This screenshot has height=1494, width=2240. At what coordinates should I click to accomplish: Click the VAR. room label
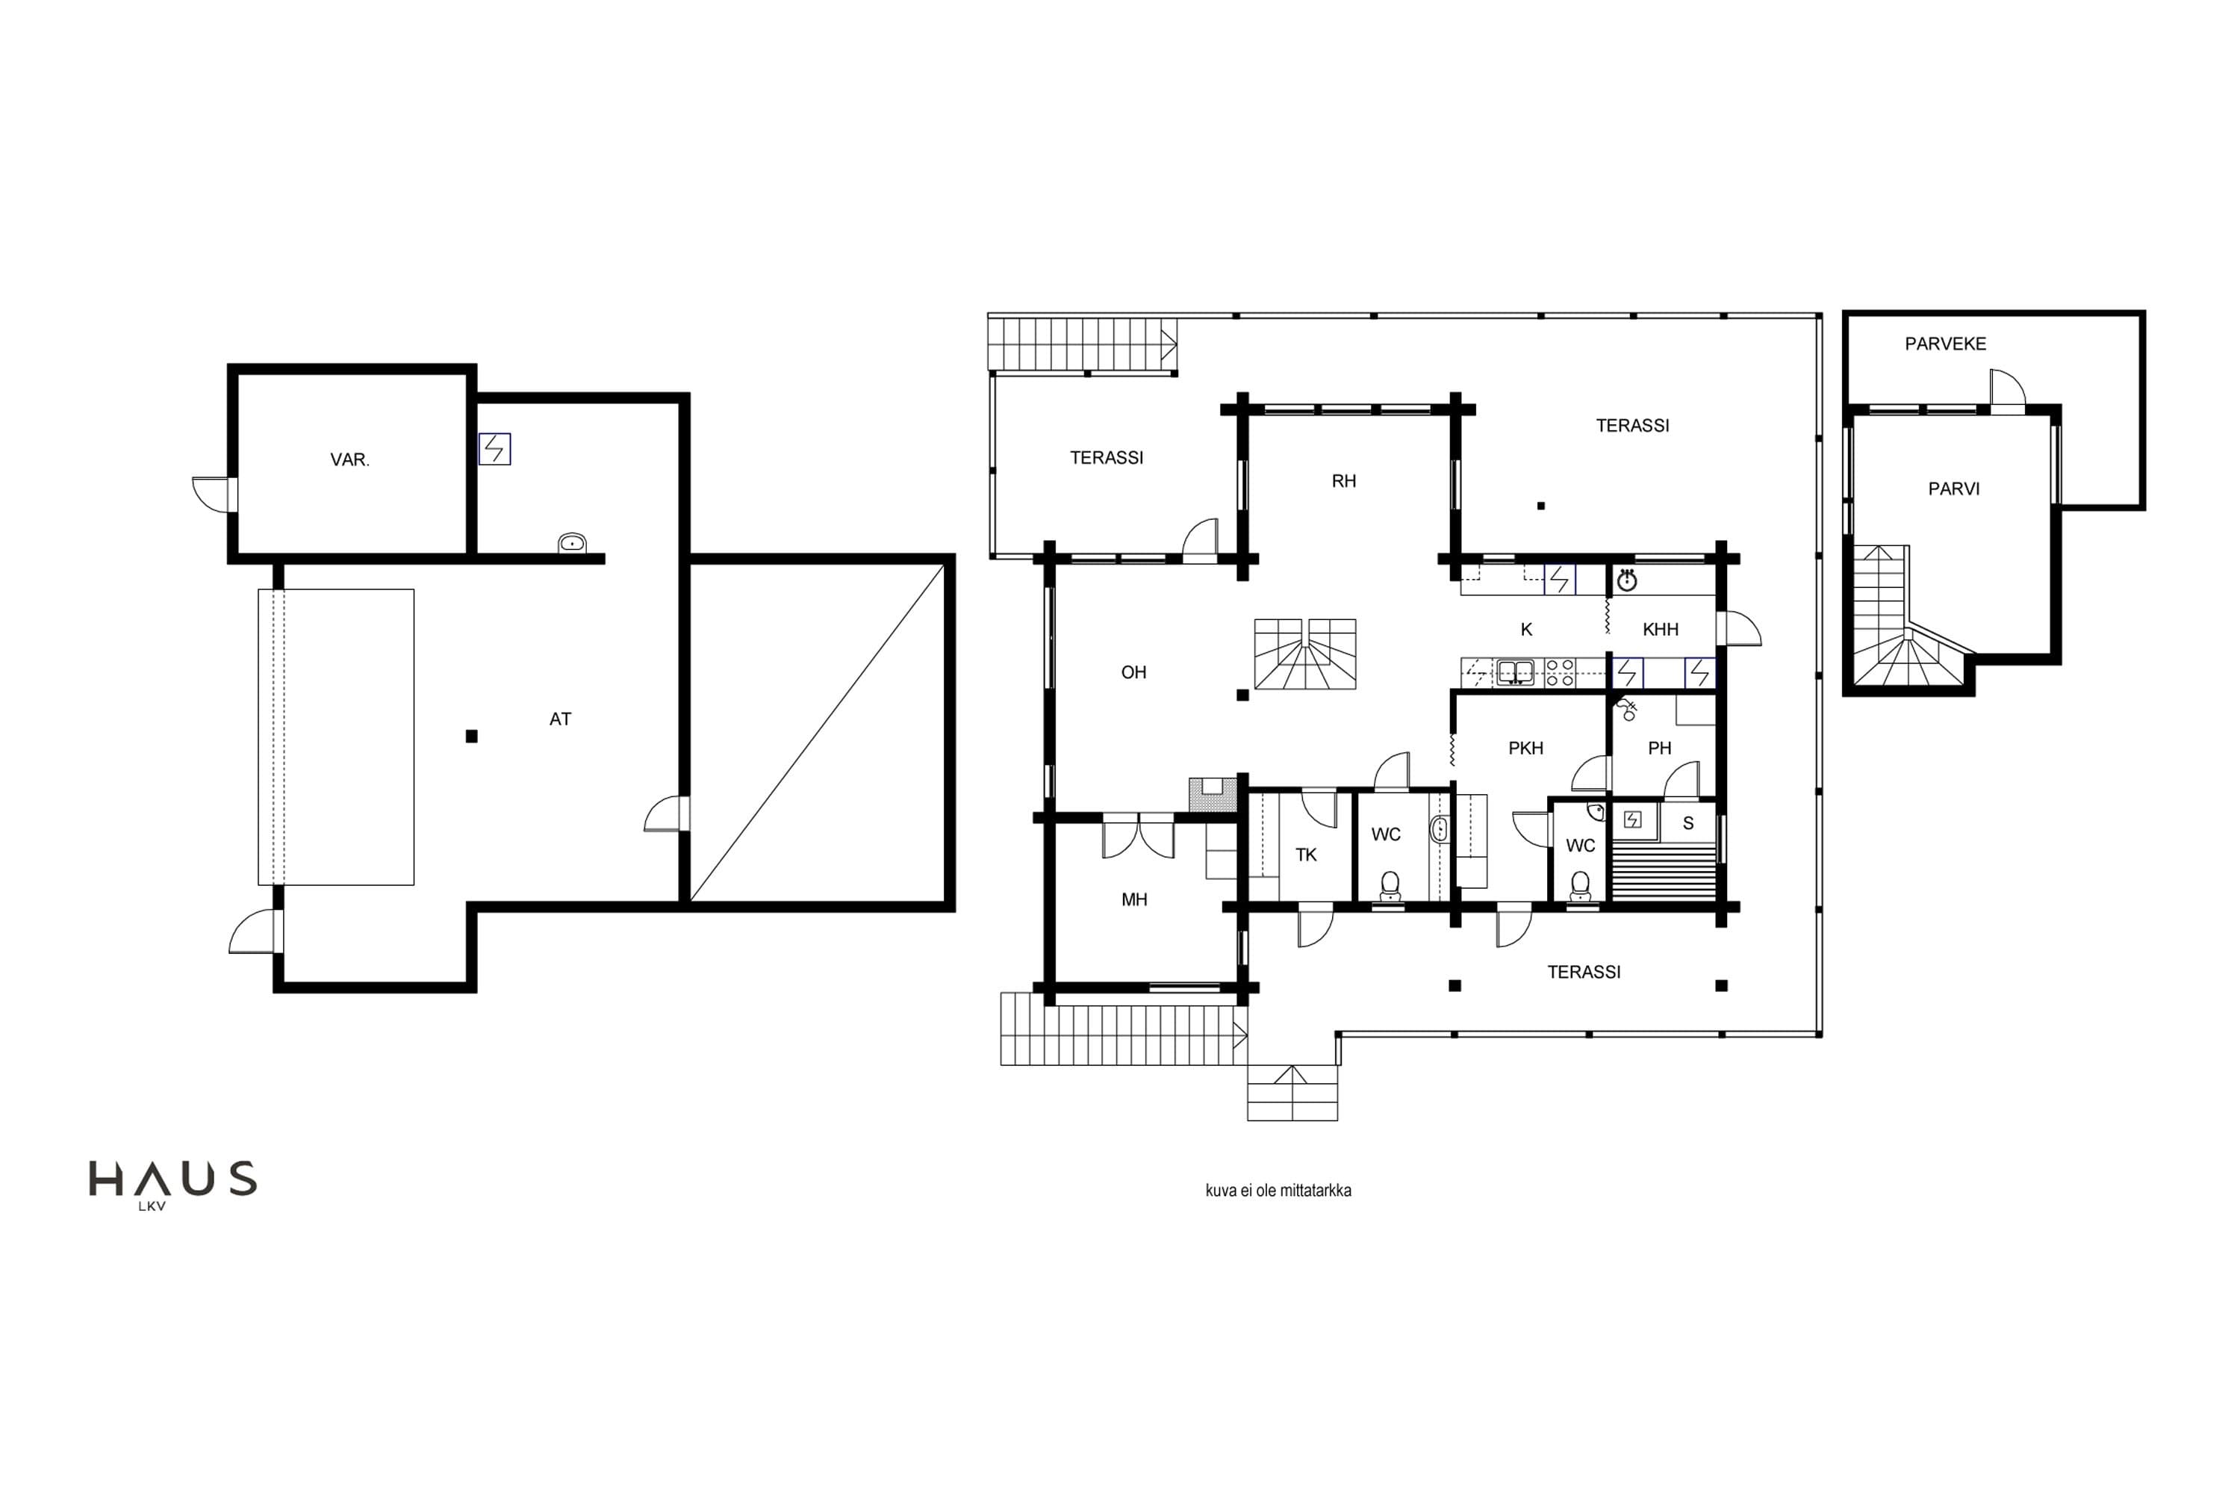coord(349,459)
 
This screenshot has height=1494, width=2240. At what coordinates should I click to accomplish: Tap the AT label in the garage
coord(560,719)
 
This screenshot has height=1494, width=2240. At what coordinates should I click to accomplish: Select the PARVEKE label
coord(1945,344)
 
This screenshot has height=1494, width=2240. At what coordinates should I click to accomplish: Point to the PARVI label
coord(1953,489)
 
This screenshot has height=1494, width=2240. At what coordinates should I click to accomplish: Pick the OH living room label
coord(1133,673)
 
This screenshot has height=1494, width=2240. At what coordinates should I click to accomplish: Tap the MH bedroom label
coord(1133,899)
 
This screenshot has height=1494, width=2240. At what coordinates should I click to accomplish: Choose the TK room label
coord(1306,855)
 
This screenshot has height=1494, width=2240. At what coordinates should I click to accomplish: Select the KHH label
coord(1660,630)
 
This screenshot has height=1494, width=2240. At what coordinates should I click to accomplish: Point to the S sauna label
coord(1687,823)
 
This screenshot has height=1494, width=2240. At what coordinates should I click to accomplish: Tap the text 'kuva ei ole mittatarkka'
coord(1278,1190)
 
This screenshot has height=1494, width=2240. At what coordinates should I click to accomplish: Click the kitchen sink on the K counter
coord(1515,673)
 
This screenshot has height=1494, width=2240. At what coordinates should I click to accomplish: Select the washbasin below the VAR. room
coord(571,543)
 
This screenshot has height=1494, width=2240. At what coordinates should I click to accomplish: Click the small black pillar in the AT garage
coord(471,737)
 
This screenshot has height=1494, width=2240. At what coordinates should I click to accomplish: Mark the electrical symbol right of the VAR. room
coord(494,449)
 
